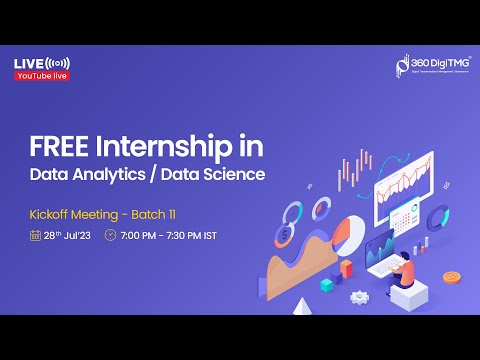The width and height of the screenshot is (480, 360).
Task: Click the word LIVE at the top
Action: click(27, 64)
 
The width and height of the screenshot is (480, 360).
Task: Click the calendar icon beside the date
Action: click(35, 236)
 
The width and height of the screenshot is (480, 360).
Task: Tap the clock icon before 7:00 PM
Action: click(110, 236)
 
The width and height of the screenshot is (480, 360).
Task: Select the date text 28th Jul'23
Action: click(67, 236)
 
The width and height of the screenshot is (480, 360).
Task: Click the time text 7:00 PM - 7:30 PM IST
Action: click(167, 236)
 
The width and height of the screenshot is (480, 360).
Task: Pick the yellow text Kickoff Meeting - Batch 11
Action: click(95, 215)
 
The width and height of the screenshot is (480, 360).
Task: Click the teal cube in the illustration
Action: click(327, 285)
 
